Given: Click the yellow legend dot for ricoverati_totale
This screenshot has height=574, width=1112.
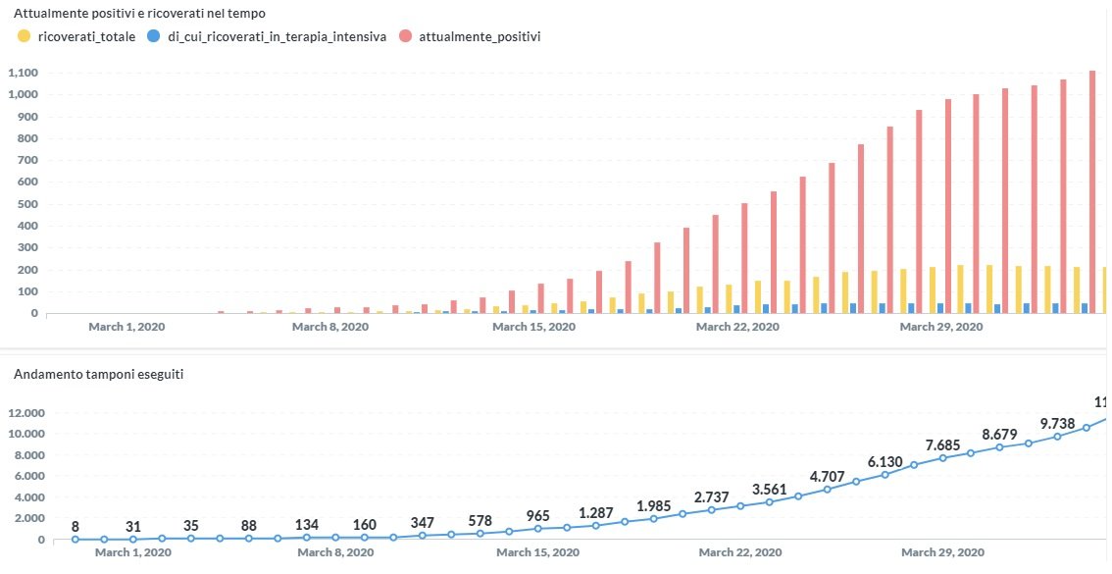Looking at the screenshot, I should (24, 36).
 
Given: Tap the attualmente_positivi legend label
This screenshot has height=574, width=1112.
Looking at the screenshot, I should (480, 36).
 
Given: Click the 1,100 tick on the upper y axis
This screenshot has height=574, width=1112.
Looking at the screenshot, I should (22, 73).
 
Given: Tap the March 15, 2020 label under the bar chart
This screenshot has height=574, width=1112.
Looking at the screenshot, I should (532, 327).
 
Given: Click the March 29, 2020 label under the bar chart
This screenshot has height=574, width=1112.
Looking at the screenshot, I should (940, 327).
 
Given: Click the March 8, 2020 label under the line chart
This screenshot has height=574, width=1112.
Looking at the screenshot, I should (334, 552).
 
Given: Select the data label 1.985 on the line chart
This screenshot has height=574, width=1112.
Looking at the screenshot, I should (655, 505).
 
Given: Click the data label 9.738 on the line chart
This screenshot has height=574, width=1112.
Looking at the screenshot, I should (1058, 424).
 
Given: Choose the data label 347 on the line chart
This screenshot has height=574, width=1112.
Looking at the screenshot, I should (425, 523).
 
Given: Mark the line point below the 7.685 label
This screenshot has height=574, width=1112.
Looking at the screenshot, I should (942, 458).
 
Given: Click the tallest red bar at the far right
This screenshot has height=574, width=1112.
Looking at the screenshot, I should (1092, 191).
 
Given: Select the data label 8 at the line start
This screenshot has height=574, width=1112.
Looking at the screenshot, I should (76, 527).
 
